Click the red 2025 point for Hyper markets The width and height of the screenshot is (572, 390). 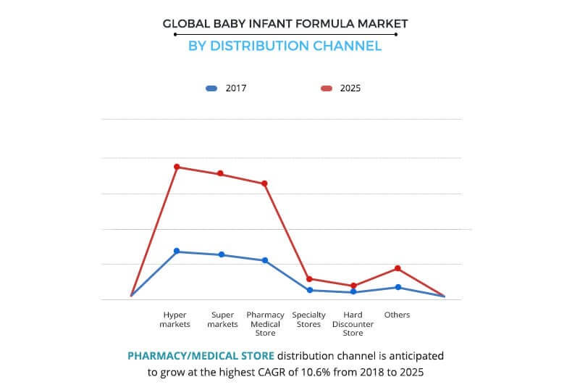pos(177,167)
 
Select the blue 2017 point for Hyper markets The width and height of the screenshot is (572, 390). pos(177,251)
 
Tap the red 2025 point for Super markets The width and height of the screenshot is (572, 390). pos(220,173)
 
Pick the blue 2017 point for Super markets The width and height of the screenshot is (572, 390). pos(222,254)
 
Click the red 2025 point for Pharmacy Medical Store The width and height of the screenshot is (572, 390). pos(265,183)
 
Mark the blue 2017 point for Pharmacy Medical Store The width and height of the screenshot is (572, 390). pos(265,260)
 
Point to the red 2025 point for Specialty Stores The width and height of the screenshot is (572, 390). pos(309,278)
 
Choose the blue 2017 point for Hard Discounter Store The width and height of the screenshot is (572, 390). pos(353,291)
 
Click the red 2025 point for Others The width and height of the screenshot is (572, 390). pos(398,268)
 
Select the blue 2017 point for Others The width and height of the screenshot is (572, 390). pos(398,287)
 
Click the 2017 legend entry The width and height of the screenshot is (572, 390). pos(226,88)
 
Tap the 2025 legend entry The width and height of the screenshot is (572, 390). pos(340,88)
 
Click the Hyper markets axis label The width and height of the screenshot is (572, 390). pos(176,320)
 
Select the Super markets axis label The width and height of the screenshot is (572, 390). pos(222,320)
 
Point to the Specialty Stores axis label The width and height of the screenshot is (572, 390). pos(309,320)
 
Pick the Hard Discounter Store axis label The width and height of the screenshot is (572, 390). pos(353,324)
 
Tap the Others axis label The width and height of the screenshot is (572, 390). pos(398,315)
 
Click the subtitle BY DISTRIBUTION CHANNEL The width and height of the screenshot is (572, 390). pos(285,46)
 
